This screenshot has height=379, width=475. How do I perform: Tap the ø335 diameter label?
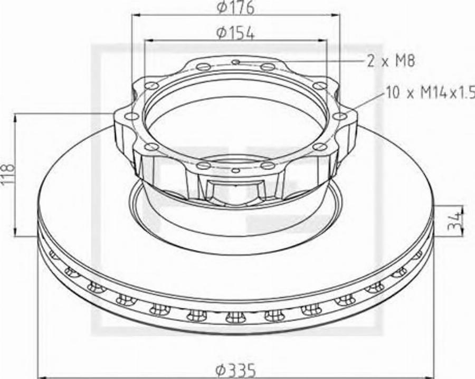click(x=235, y=371)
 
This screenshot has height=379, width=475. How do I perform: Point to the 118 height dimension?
click(x=7, y=174)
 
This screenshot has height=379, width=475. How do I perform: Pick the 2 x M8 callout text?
click(x=391, y=61)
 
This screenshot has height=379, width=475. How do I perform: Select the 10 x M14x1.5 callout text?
click(x=430, y=92)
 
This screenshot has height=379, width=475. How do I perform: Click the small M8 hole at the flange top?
click(x=236, y=62)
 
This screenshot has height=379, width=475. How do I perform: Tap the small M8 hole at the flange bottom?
click(x=235, y=170)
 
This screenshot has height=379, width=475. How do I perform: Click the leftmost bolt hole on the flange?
click(x=131, y=116)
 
